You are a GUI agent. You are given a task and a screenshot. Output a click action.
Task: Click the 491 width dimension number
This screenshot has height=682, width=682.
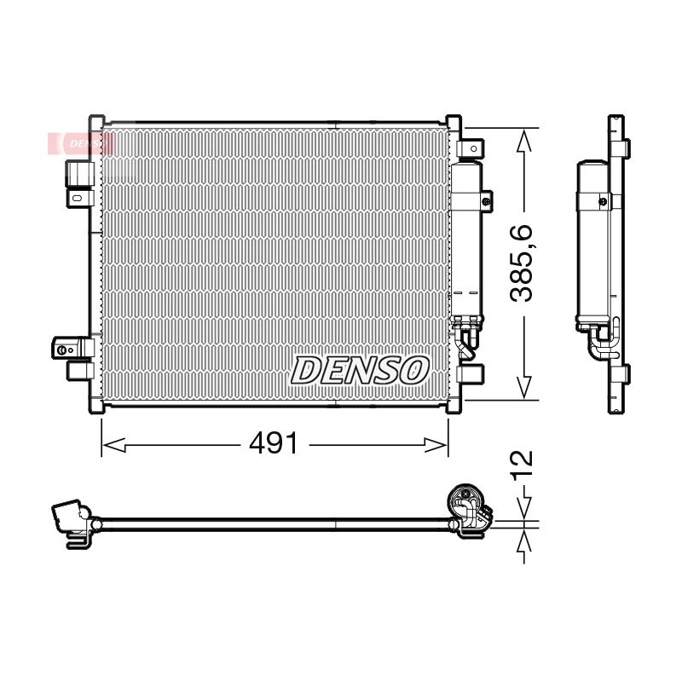coord(274,443)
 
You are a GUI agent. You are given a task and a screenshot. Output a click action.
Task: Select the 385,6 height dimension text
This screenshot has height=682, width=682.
coord(521,263)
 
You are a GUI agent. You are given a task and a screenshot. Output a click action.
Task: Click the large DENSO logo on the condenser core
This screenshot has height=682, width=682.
coord(359,371)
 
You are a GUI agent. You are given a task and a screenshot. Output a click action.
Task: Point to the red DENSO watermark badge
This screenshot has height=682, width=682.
coord(81,143)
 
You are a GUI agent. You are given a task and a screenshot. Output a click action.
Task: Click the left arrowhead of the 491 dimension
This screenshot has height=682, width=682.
coord(114,445)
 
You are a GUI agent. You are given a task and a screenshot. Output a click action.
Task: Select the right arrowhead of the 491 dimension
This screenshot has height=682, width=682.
coord(436,445)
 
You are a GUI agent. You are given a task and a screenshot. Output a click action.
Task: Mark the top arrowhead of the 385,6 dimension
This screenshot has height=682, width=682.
coord(524,141)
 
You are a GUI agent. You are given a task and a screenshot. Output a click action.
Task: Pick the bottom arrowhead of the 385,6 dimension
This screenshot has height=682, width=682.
coord(524,388)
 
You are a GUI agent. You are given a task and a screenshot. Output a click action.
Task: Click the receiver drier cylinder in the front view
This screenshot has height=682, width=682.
coord(466,240)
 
